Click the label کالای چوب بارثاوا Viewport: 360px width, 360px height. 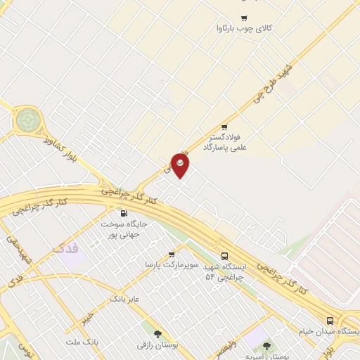(245, 29)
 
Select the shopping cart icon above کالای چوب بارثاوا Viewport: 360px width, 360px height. (244, 18)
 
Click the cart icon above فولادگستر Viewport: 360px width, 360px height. (224, 127)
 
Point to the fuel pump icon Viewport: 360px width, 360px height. (124, 213)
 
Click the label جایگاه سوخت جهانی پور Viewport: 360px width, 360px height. (124, 229)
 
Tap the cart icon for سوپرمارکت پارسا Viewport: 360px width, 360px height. (171, 255)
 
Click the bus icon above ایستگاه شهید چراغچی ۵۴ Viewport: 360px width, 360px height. (224, 256)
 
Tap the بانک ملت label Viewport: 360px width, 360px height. (80, 341)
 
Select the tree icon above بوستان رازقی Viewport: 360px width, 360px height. (157, 334)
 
